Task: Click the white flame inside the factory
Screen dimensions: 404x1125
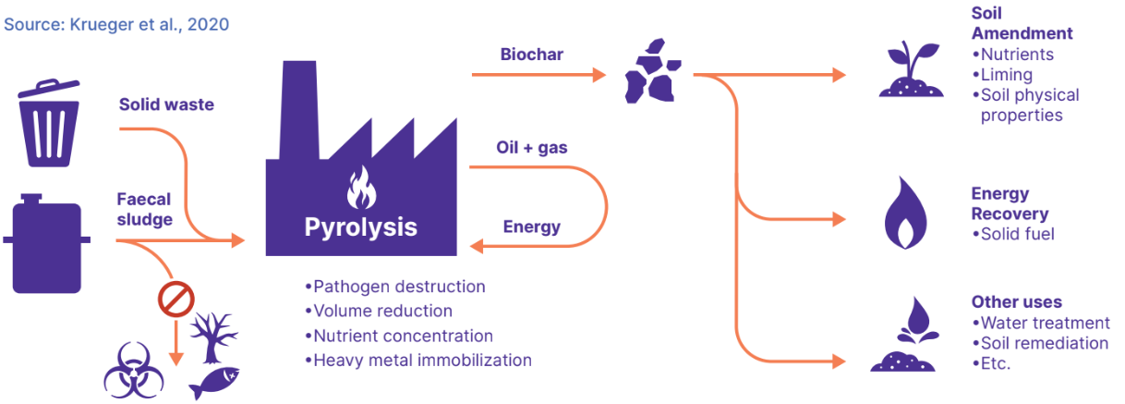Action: tap(359, 190)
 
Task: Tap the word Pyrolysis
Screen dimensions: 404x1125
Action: tap(361, 226)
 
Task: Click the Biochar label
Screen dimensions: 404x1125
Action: tap(532, 54)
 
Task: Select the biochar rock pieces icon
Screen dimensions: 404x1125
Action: tap(652, 71)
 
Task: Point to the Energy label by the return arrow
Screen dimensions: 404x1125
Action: tap(531, 226)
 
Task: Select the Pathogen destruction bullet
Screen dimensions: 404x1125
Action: tap(394, 287)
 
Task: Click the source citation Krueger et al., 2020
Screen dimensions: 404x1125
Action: tap(116, 23)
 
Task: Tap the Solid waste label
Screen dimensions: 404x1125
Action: tap(166, 104)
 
